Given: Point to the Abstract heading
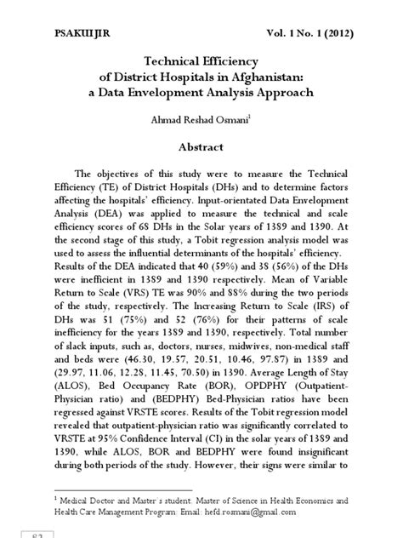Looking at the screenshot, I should [201, 147].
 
